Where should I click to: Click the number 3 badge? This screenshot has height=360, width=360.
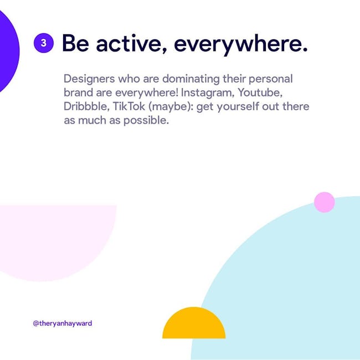coord(44,43)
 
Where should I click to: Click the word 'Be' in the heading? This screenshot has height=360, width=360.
coord(75,43)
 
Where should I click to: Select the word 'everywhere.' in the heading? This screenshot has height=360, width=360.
coord(241,45)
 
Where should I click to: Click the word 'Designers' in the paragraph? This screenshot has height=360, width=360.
coord(89,79)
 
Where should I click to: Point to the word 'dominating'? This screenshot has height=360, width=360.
coord(191,79)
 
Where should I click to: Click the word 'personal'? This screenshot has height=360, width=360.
coord(271,79)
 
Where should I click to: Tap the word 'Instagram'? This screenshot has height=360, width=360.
coord(207,93)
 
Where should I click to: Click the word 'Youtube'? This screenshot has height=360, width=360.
coord(260,92)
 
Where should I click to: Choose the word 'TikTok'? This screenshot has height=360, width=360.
coord(129,106)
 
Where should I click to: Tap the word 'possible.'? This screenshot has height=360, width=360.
coord(146,120)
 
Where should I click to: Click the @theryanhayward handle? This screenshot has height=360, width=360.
coord(63,323)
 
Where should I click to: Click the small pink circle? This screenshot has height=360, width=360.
coord(324,202)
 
